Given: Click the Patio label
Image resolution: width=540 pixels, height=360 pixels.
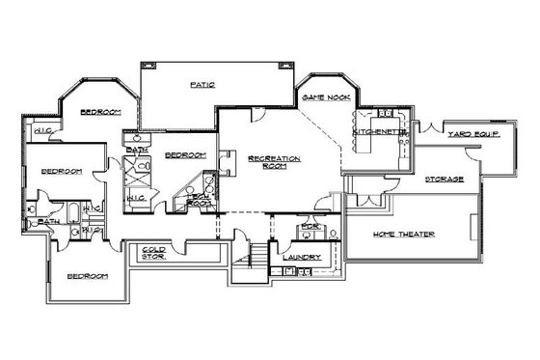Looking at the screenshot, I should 202,85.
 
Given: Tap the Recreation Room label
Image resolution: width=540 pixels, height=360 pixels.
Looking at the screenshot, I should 275,161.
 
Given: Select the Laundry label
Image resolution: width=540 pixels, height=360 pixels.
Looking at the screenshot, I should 301,258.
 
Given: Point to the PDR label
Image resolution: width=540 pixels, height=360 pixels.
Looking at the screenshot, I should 309,229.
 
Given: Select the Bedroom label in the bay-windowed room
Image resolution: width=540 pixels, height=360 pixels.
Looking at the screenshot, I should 99,113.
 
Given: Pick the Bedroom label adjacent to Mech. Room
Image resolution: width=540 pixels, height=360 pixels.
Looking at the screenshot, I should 184,154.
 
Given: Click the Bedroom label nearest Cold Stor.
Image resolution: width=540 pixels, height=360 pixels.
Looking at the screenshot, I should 87,276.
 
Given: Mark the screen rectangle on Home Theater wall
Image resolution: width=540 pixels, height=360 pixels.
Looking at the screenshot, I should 471,230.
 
